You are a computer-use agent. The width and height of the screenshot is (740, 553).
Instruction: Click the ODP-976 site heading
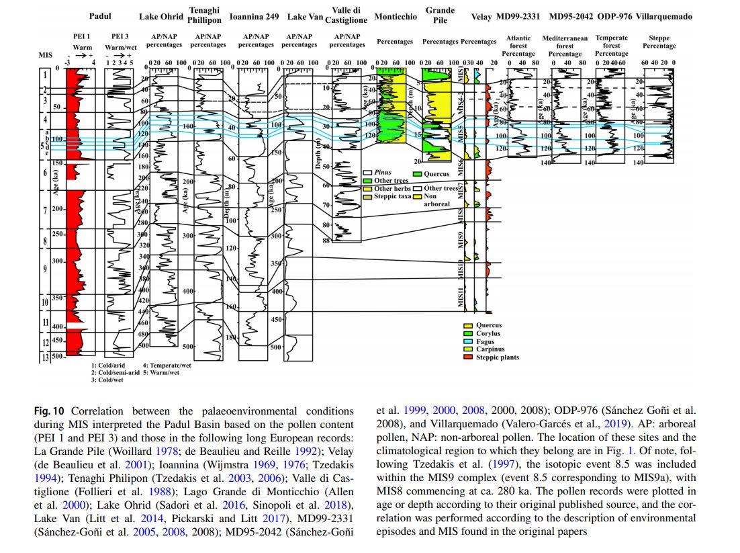click(x=612, y=16)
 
